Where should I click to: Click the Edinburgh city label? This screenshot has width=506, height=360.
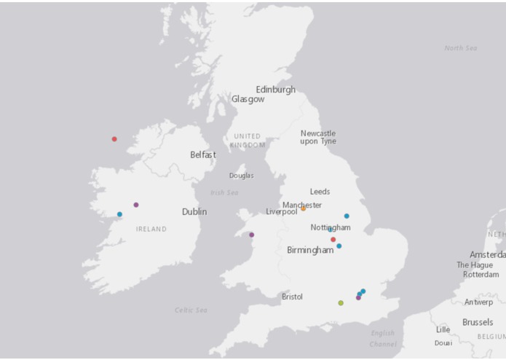point(275,90)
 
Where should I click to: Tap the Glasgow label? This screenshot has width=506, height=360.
point(248,99)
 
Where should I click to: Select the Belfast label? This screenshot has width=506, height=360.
point(203,154)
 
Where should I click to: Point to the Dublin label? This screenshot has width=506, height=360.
point(194,212)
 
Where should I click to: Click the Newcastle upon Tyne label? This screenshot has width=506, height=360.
point(318,137)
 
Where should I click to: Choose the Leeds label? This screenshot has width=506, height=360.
point(320,192)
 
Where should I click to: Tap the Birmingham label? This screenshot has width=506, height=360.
point(310,250)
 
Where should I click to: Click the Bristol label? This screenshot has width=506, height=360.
point(292,297)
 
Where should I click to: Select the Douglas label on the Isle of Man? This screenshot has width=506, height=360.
point(242,176)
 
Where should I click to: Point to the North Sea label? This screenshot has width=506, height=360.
point(460,48)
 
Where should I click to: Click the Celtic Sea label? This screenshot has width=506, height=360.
point(191,310)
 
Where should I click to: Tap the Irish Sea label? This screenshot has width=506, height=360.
point(224,192)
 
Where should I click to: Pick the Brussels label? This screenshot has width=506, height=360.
point(478,322)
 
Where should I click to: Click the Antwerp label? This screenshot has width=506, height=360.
point(478,302)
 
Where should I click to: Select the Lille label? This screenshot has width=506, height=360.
point(443,329)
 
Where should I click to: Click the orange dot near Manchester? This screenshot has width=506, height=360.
point(304,208)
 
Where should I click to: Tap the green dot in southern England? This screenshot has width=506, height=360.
point(341,302)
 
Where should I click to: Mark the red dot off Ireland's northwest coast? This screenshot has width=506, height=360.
point(114,138)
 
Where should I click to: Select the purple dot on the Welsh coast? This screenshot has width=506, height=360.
point(252,235)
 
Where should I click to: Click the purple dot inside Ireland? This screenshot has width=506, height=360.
point(136,205)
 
